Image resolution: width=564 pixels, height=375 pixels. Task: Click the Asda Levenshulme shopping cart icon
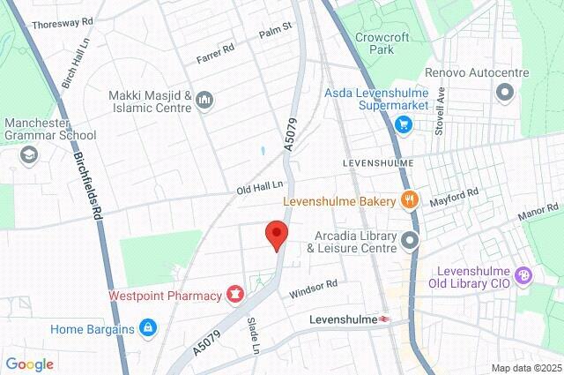pyautogui.click(x=404, y=124)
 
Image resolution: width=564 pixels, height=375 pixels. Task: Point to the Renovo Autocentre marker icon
pyautogui.click(x=505, y=91)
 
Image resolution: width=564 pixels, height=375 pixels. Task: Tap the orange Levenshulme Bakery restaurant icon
pyautogui.click(x=409, y=201)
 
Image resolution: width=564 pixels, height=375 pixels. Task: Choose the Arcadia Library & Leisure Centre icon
pyautogui.click(x=409, y=240)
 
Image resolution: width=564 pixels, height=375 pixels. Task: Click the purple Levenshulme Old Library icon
pyautogui.click(x=523, y=275)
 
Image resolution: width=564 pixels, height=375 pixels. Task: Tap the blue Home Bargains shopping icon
pyautogui.click(x=147, y=329)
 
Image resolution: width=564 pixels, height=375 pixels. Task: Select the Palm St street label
pyautogui.click(x=275, y=33)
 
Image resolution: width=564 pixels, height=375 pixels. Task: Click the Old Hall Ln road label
pyautogui.click(x=259, y=186)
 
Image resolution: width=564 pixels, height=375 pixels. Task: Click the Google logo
pyautogui.click(x=29, y=364)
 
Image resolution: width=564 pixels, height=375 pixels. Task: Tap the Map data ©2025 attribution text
pyautogui.click(x=526, y=368)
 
